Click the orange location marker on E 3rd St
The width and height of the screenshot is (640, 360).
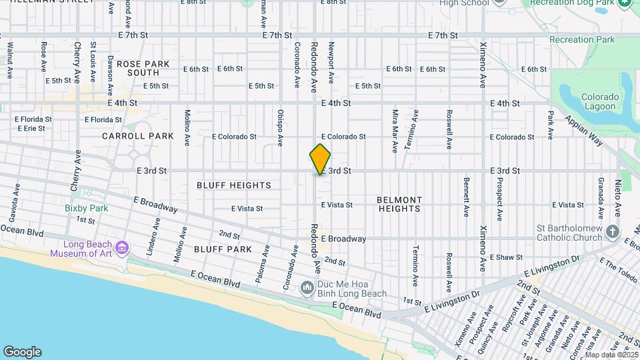click(320, 159)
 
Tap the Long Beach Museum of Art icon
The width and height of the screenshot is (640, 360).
click(121, 248)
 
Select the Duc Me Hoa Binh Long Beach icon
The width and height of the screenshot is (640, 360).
click(307, 288)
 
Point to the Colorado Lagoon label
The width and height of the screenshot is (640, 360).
click(601, 101)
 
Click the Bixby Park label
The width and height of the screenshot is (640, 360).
click(87, 208)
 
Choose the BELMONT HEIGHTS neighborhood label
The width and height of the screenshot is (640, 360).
click(399, 204)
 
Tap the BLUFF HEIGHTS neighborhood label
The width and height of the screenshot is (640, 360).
click(234, 185)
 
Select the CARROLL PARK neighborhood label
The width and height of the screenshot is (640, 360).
click(138, 136)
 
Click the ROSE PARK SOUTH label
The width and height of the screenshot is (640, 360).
click(143, 68)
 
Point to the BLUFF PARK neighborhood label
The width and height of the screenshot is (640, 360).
click(223, 249)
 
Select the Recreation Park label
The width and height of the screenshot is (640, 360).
click(582, 40)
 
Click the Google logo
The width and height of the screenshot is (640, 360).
click(22, 351)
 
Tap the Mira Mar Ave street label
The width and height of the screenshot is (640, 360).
click(395, 131)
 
